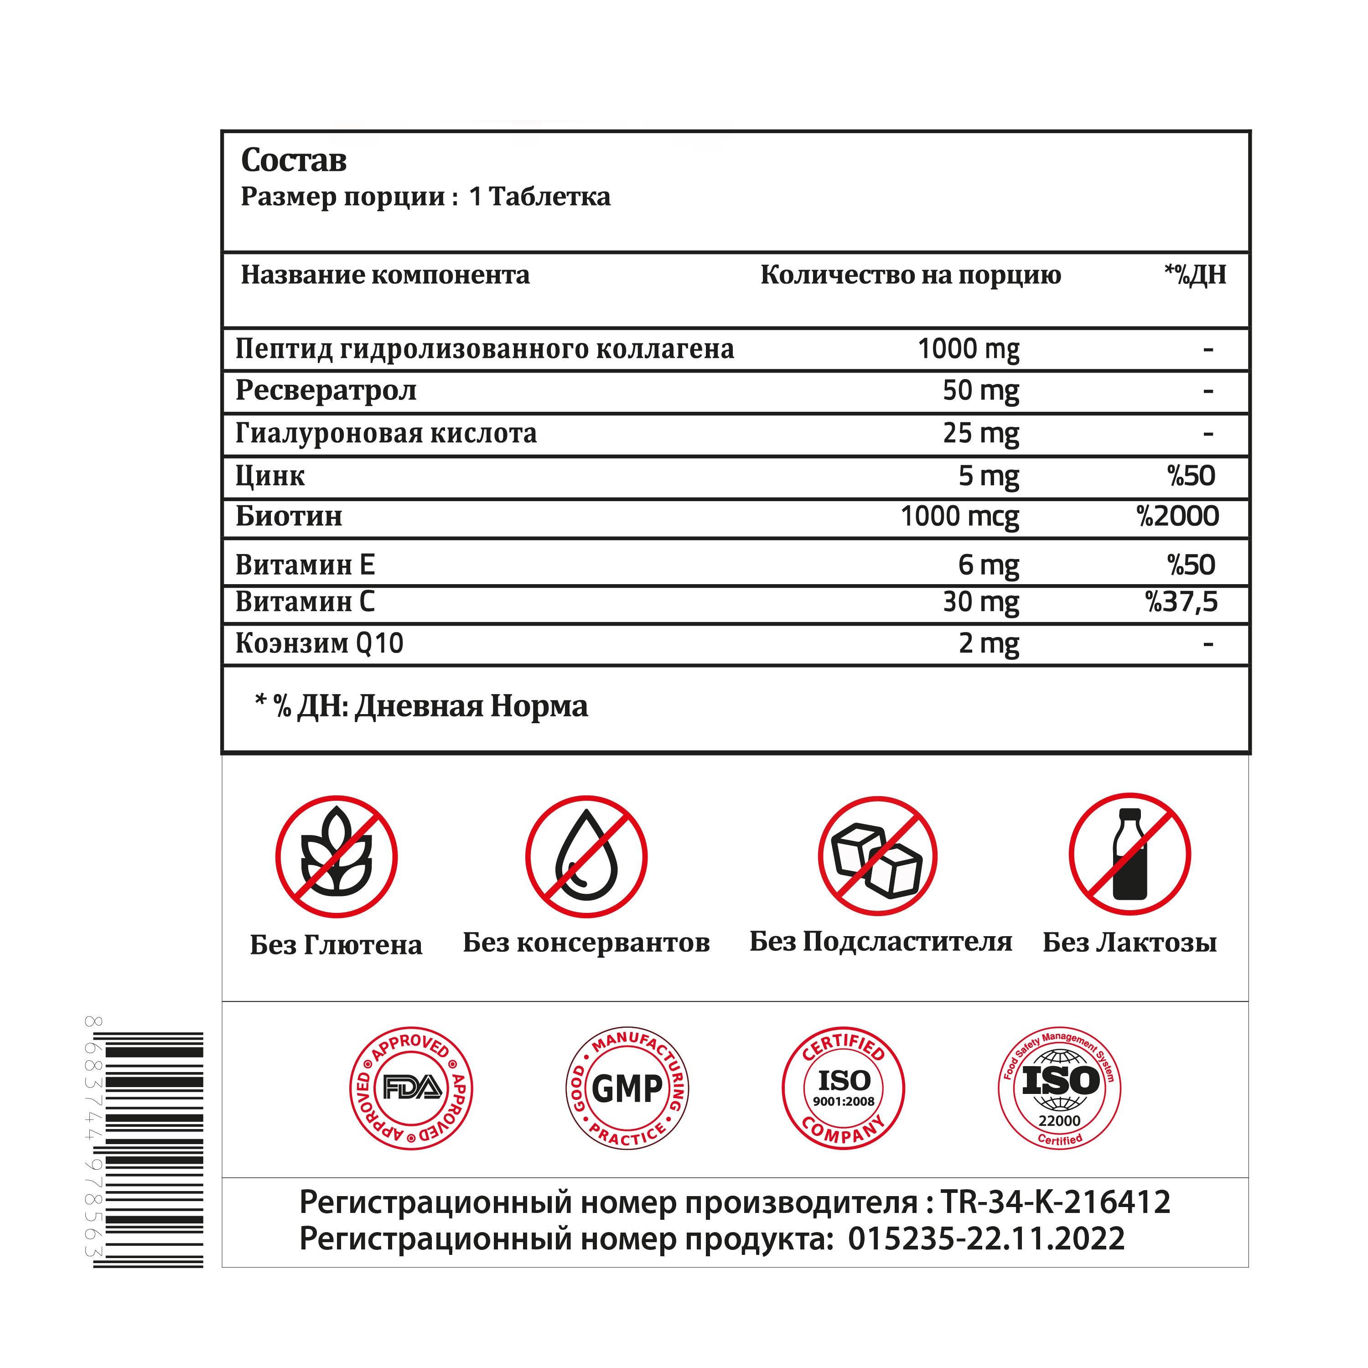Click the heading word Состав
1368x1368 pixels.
coord(294,160)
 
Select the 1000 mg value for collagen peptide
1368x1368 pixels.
coord(968,349)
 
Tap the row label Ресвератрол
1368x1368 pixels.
coord(326,390)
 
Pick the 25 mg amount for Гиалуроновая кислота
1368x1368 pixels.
coord(981,433)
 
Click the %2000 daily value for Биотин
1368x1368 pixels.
coord(1177,516)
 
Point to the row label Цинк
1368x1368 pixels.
coord(270,476)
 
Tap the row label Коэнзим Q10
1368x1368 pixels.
coord(319,643)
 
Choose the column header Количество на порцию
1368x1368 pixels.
coord(911,275)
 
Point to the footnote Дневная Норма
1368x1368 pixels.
coord(471,706)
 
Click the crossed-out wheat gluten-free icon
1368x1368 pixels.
coord(337,857)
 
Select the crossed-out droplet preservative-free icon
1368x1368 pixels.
coord(586,857)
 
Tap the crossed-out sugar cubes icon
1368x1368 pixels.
coord(877,857)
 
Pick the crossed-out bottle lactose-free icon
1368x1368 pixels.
coord(1130,855)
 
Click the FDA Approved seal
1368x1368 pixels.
coord(411,1088)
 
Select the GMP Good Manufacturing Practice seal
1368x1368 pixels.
coord(627,1088)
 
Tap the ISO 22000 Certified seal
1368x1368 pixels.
coord(1059,1088)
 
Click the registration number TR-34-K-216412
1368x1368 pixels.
coord(1055,1202)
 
